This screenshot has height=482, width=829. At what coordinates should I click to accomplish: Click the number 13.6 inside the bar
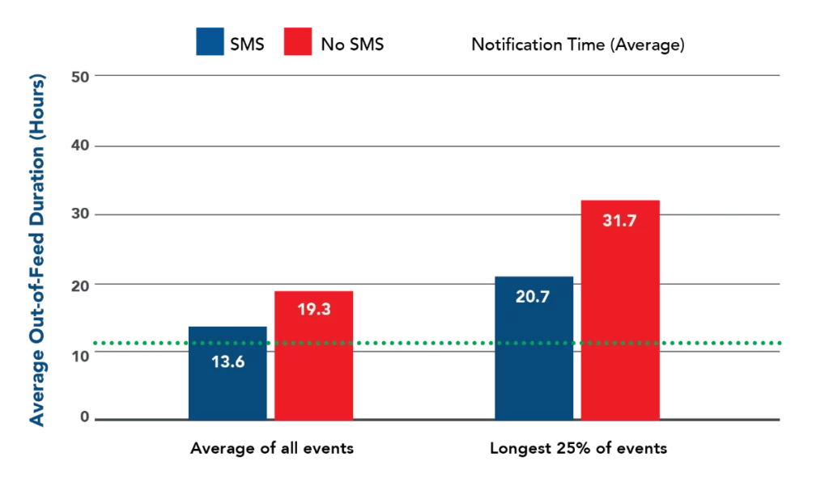(x=228, y=361)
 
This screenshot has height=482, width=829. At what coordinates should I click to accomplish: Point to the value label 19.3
(x=314, y=309)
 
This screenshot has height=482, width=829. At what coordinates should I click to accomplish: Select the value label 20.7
(x=533, y=297)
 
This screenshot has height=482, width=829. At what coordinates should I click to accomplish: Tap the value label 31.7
(x=619, y=219)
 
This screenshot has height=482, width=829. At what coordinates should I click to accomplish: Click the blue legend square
(x=210, y=42)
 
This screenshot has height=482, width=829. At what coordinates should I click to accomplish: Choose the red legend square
(x=297, y=42)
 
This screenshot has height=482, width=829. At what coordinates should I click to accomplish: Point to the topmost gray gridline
(x=437, y=75)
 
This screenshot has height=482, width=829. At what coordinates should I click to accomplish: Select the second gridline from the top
(x=437, y=146)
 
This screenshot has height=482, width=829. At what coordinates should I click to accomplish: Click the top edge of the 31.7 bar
(x=619, y=199)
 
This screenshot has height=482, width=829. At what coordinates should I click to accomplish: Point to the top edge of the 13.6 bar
(x=228, y=325)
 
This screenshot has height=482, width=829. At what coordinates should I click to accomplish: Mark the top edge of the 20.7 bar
(x=534, y=275)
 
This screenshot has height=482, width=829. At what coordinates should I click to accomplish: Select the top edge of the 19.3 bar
(x=314, y=290)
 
